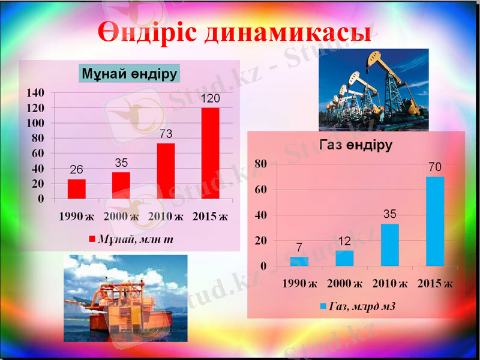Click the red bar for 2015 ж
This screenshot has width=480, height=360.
(210, 153)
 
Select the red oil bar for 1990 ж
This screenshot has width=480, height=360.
(76, 189)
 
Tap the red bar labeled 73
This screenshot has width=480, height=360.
(166, 171)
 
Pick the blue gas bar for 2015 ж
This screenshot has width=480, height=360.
(435, 221)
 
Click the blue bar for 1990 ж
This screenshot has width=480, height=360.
(299, 261)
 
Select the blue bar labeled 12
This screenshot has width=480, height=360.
(344, 258)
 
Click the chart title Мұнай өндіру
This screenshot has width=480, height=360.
(130, 74)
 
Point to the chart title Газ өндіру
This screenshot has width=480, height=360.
(356, 145)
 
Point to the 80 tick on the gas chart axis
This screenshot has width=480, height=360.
(260, 164)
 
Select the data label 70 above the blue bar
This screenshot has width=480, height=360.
(435, 167)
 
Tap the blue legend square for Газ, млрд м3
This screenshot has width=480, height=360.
(323, 306)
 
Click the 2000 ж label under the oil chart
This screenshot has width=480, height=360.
(121, 216)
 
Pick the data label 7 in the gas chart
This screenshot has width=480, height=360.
(298, 247)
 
